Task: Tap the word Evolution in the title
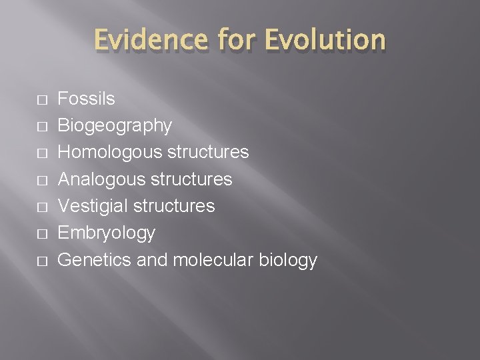coord(325,39)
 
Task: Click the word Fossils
coord(87,99)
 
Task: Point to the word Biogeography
coord(115,126)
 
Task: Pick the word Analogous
coord(100,179)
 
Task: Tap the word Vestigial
coord(93,206)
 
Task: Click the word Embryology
coord(107,233)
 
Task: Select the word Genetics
coord(95,259)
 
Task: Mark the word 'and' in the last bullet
coord(152,259)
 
